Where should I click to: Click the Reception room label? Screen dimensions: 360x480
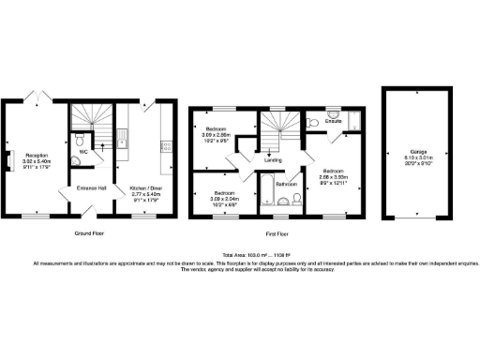pos(37,155)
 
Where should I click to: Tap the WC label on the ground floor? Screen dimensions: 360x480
pos(83,150)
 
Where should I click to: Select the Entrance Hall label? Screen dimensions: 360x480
pos(91,188)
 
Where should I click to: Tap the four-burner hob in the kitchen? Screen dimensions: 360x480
pos(167,145)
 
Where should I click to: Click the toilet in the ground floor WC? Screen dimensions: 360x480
pos(76,160)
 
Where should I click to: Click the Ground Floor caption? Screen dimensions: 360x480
pos(89,232)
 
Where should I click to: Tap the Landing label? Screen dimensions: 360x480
pos(273,159)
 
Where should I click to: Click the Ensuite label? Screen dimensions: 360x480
pos(333,121)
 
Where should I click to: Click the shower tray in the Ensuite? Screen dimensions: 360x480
pos(353,119)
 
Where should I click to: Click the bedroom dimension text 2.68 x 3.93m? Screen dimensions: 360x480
pos(333,175)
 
